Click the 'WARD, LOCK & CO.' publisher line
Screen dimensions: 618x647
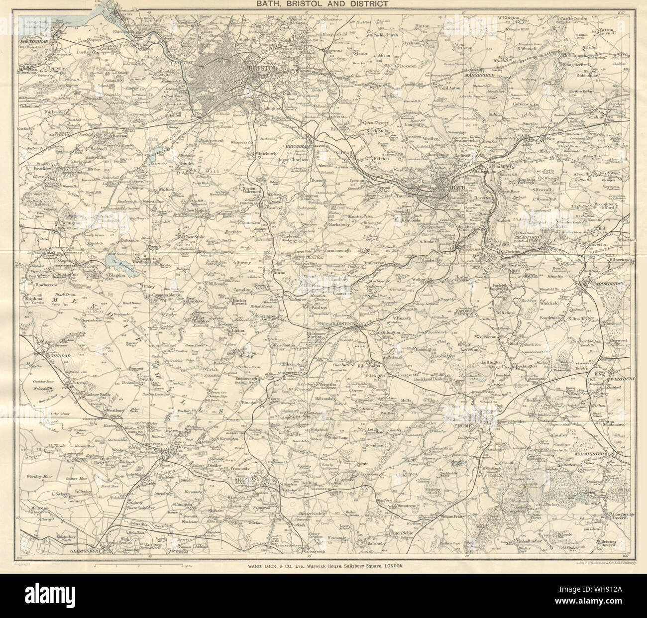tap(323, 552)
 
